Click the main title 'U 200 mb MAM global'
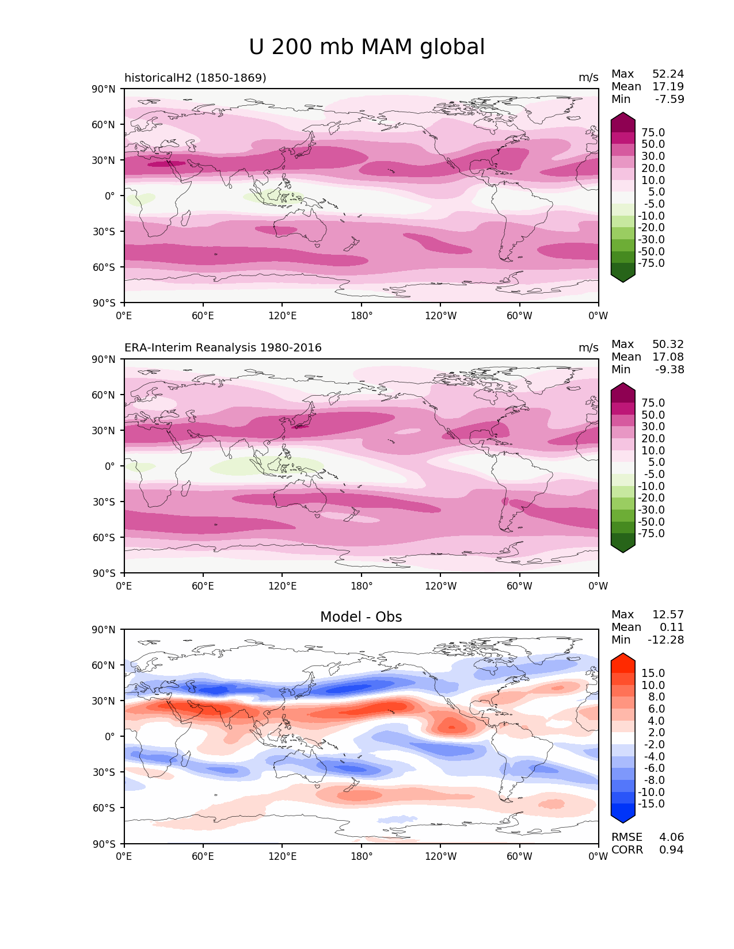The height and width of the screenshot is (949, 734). coord(367,47)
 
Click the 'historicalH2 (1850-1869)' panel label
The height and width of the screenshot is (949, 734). coord(195,78)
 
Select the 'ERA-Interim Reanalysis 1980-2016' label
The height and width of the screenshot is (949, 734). coord(223,348)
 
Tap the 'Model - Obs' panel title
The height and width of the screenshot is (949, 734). coord(361,617)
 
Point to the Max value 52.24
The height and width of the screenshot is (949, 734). coord(668,74)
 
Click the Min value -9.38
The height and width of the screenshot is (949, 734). coord(670,370)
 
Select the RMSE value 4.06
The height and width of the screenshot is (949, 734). coord(671,837)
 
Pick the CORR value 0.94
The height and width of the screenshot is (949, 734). coord(671,850)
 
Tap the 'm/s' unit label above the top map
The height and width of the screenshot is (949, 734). coord(588,78)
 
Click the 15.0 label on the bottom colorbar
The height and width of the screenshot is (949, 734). coord(653,674)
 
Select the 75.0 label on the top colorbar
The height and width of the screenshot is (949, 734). coord(653,133)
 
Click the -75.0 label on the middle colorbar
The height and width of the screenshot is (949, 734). coord(651,534)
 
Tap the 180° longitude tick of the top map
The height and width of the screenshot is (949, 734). coord(362,316)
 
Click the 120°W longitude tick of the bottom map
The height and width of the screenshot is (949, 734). coord(440,856)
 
